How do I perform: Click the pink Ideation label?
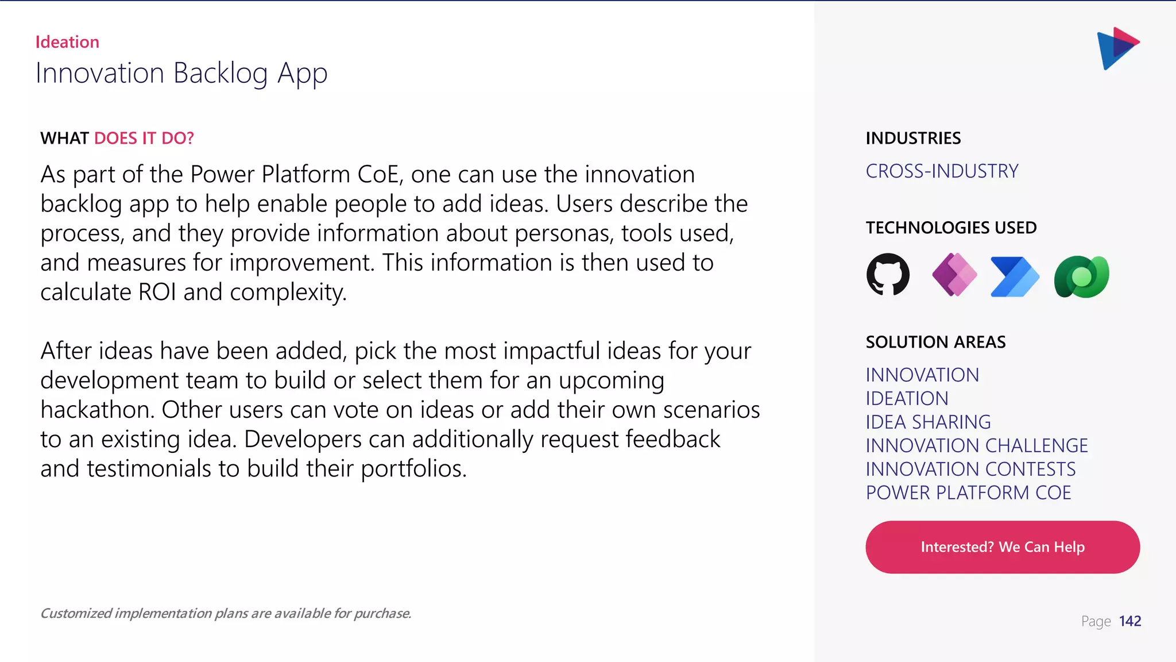[x=67, y=42]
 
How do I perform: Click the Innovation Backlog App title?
[x=181, y=74]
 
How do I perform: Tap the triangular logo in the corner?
[x=1117, y=48]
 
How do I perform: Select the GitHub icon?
[x=888, y=275]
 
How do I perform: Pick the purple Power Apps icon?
[x=954, y=275]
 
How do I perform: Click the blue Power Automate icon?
[x=1015, y=276]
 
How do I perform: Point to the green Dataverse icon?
[x=1081, y=276]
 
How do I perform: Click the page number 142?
[x=1129, y=621]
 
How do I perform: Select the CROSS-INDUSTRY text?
[x=942, y=171]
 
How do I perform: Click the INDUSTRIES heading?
[x=913, y=138]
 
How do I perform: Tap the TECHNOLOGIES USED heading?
[x=951, y=228]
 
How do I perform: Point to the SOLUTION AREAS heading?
[x=935, y=342]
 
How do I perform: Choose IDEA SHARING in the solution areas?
[x=928, y=422]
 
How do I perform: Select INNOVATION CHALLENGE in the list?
[x=976, y=446]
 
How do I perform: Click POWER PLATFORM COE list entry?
[x=968, y=493]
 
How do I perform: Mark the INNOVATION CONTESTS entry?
[x=970, y=469]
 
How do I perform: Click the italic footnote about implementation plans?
[x=226, y=614]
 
